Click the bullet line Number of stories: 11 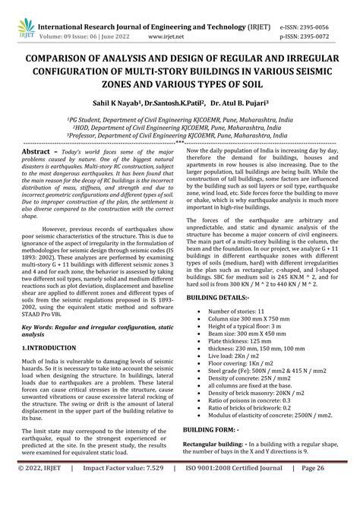(242, 291)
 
